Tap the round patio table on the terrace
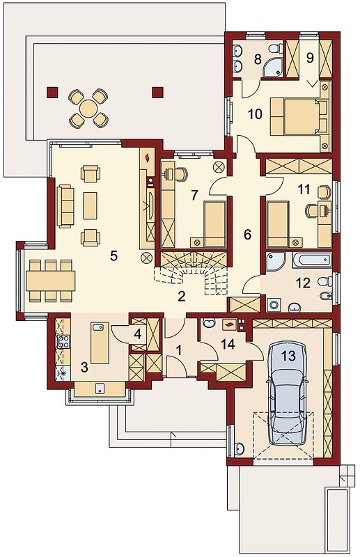[x=88, y=109]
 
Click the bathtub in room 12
[x=312, y=260]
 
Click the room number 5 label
[x=114, y=256]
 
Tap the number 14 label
[x=228, y=344]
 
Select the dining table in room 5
[x=50, y=281]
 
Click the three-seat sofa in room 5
[x=65, y=206]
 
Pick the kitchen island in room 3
[x=100, y=343]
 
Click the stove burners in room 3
[x=63, y=341]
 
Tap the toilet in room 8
[x=276, y=48]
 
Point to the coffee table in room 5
[x=90, y=205]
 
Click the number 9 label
[x=311, y=58]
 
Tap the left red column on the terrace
[x=52, y=93]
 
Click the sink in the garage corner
[x=240, y=448]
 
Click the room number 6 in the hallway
[x=247, y=234]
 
